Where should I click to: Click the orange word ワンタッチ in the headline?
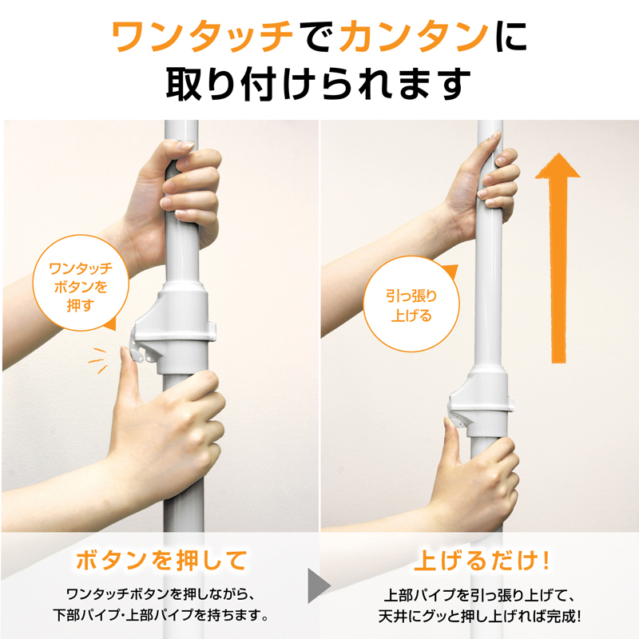click(203, 37)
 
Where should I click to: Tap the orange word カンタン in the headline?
click(413, 37)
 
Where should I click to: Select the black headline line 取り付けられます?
click(318, 85)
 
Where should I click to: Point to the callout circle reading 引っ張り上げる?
click(411, 304)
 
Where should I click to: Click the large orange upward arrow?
click(558, 258)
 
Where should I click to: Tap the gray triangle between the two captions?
click(319, 585)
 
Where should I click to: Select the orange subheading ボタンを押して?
click(162, 560)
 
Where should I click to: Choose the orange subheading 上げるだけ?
click(482, 561)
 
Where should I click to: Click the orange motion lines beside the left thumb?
click(97, 360)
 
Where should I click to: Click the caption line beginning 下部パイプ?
click(161, 615)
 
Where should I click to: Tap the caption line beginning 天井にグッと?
click(480, 616)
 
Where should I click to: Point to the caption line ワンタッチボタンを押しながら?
click(161, 594)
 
